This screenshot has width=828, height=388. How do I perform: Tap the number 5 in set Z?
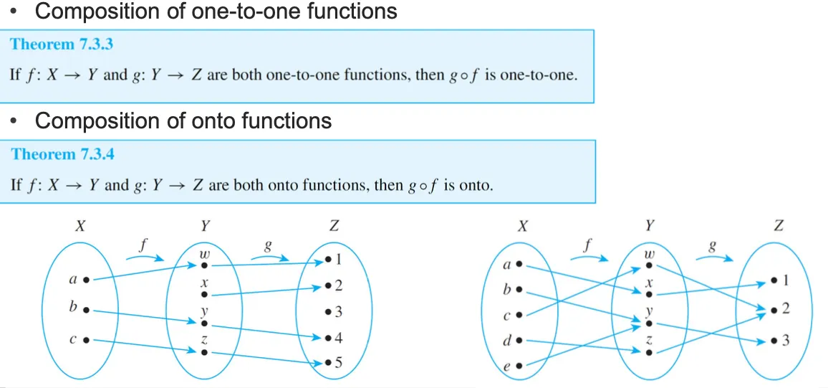tap(338, 363)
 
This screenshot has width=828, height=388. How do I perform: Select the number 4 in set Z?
tap(338, 337)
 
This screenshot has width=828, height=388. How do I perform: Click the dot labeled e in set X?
tap(519, 366)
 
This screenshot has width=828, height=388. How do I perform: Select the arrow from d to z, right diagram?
tap(580, 346)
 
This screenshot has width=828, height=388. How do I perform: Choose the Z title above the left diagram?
tap(333, 226)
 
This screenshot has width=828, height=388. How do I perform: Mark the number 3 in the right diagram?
tap(786, 340)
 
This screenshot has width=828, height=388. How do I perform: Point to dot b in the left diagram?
tap(85, 310)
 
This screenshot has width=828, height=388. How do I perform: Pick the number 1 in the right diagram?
tap(786, 280)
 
